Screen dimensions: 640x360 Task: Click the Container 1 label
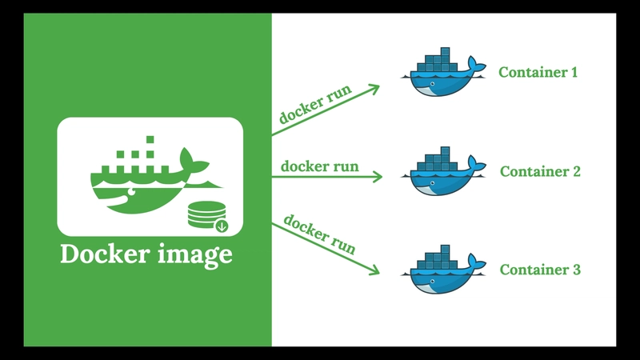click(x=538, y=72)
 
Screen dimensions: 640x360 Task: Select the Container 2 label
click(x=540, y=171)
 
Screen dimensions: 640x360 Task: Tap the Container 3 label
click(x=540, y=270)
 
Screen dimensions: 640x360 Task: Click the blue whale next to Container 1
click(x=444, y=73)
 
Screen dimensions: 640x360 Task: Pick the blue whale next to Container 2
click(x=444, y=171)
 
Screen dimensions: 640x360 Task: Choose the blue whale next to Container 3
click(x=444, y=270)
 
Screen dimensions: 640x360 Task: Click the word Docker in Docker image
click(x=105, y=254)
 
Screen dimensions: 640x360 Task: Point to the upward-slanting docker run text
click(x=315, y=104)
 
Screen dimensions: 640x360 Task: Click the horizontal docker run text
click(x=319, y=166)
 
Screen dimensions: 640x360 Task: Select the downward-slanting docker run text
click(x=319, y=234)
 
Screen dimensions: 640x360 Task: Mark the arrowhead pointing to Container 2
click(x=377, y=177)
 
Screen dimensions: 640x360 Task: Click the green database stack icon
click(x=206, y=214)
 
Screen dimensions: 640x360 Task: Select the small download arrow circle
click(x=222, y=226)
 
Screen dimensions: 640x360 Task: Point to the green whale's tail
click(x=193, y=161)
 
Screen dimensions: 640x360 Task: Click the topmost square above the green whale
click(x=150, y=139)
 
